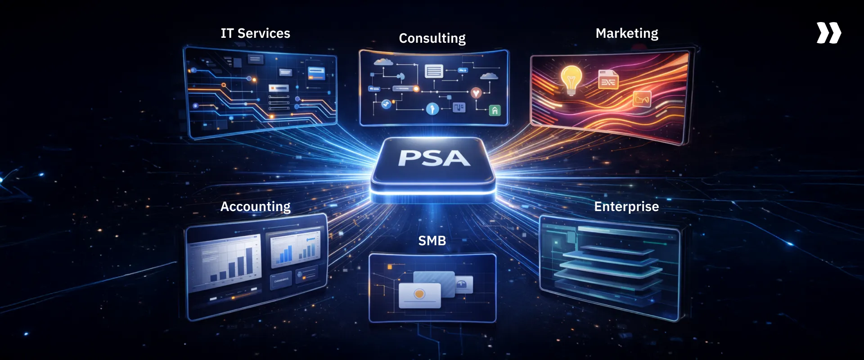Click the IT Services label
(255, 33)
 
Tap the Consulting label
(432, 38)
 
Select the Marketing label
(626, 33)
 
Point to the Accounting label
(255, 207)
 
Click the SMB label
(432, 241)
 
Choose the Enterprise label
(626, 207)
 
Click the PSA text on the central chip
(434, 158)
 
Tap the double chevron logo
(828, 33)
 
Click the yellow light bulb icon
(571, 79)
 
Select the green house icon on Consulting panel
(495, 110)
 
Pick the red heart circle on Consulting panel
(476, 93)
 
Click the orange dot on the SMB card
(419, 294)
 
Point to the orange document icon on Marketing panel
(608, 80)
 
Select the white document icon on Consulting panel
(434, 71)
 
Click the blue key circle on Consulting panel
(432, 108)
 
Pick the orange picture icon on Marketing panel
(642, 99)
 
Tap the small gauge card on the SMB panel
(464, 284)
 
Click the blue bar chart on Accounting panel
(285, 255)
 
